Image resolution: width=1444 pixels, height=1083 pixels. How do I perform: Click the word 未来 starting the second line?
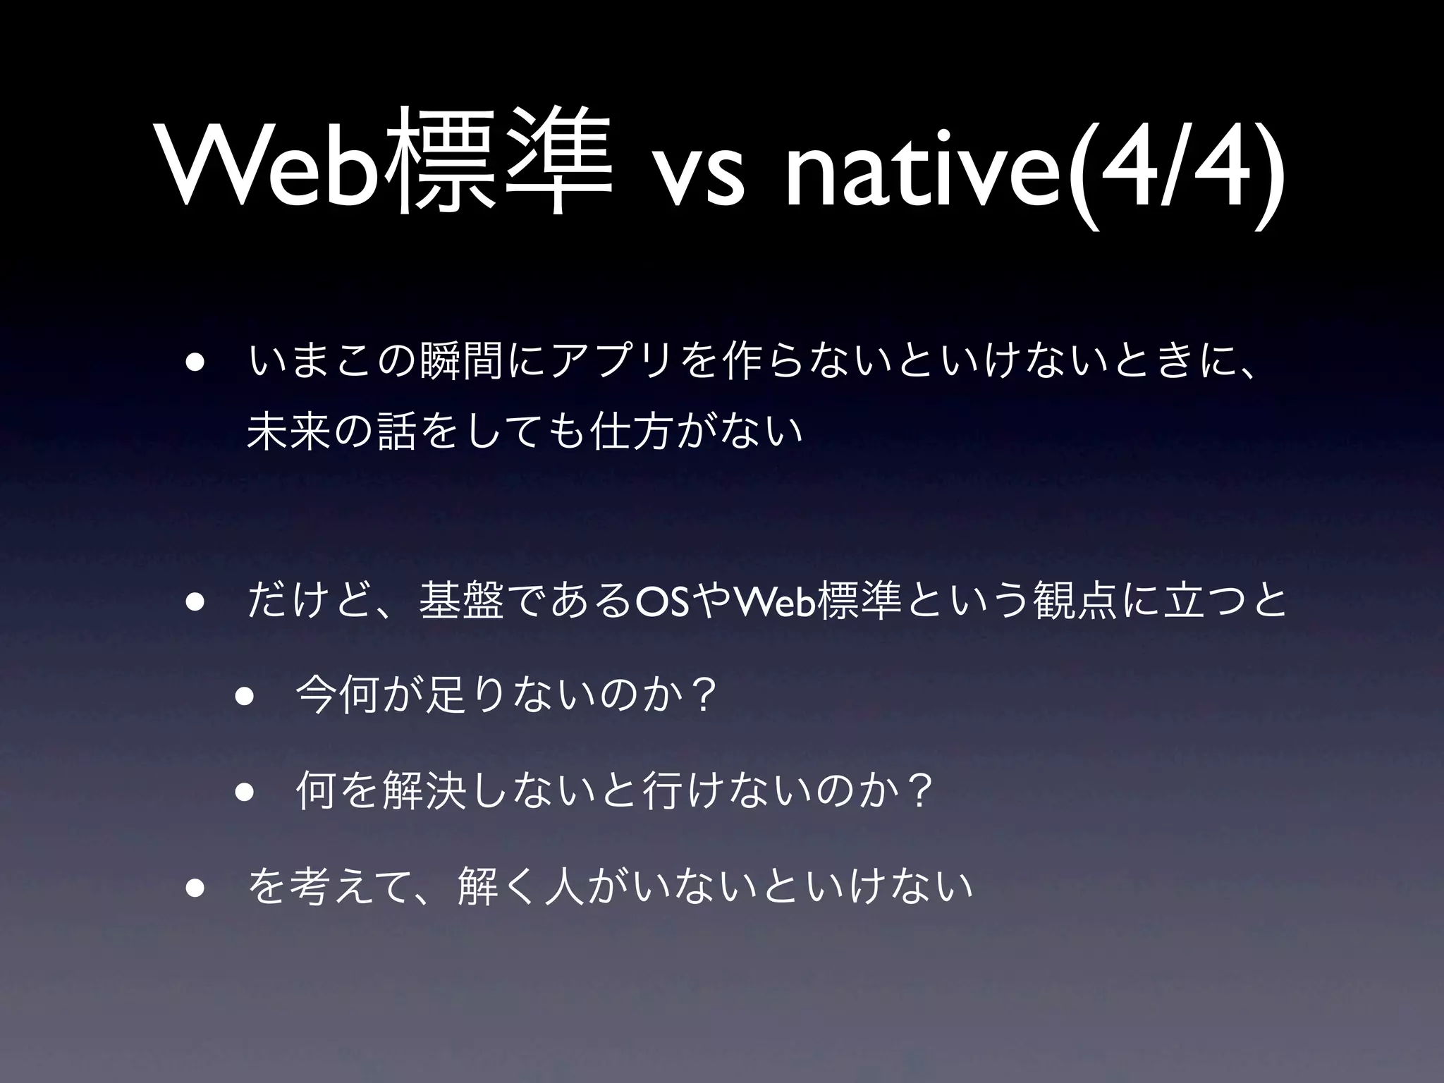click(289, 429)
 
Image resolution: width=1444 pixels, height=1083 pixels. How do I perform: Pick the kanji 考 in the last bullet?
click(311, 886)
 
